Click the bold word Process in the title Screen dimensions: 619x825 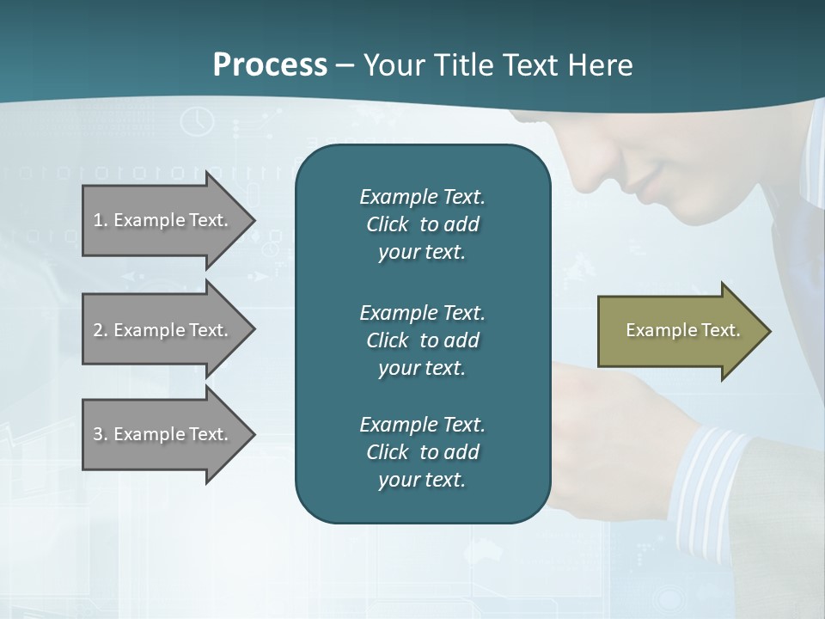(270, 65)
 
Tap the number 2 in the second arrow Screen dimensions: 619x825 (97, 330)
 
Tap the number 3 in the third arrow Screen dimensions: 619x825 (97, 434)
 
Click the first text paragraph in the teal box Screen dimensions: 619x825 (422, 224)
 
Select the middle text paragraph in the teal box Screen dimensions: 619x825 (422, 340)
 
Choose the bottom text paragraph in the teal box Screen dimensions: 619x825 (422, 452)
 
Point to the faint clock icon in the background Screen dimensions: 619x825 (198, 121)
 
